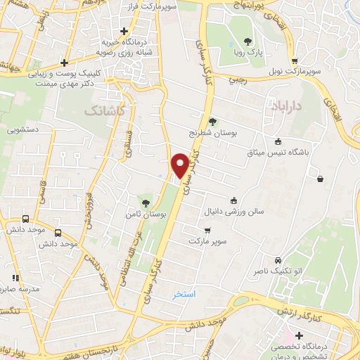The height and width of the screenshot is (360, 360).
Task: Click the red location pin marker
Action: (181, 165)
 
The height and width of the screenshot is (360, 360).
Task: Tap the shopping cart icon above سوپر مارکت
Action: (207, 231)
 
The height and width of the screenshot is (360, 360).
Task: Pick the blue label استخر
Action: (186, 293)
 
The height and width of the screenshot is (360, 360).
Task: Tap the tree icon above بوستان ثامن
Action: (146, 202)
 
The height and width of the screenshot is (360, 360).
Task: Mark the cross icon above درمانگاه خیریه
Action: (124, 31)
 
